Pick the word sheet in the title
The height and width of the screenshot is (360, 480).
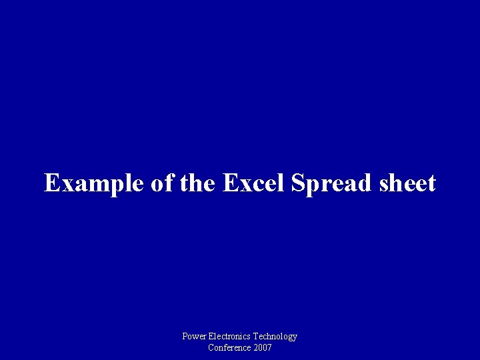405,183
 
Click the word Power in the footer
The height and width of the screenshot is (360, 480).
194,337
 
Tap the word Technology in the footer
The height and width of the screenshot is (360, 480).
275,337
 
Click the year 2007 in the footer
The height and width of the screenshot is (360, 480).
262,347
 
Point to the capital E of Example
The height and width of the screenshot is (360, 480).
52,183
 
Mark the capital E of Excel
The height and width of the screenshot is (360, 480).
230,183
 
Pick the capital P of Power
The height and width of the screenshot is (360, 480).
185,337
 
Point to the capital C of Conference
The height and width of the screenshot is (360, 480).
211,347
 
